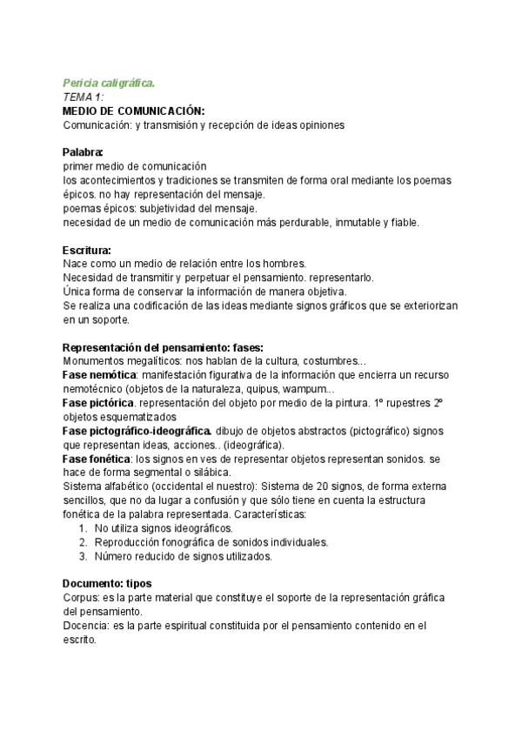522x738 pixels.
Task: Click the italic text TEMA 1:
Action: click(84, 97)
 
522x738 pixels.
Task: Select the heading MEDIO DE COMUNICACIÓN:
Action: click(134, 111)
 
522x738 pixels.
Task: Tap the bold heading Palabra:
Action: click(83, 152)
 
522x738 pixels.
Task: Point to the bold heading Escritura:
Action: click(87, 251)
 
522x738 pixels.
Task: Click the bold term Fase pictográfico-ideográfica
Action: click(137, 431)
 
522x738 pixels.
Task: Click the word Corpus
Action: click(80, 598)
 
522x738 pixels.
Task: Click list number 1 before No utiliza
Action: click(82, 528)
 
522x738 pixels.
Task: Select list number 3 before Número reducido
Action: click(82, 556)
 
